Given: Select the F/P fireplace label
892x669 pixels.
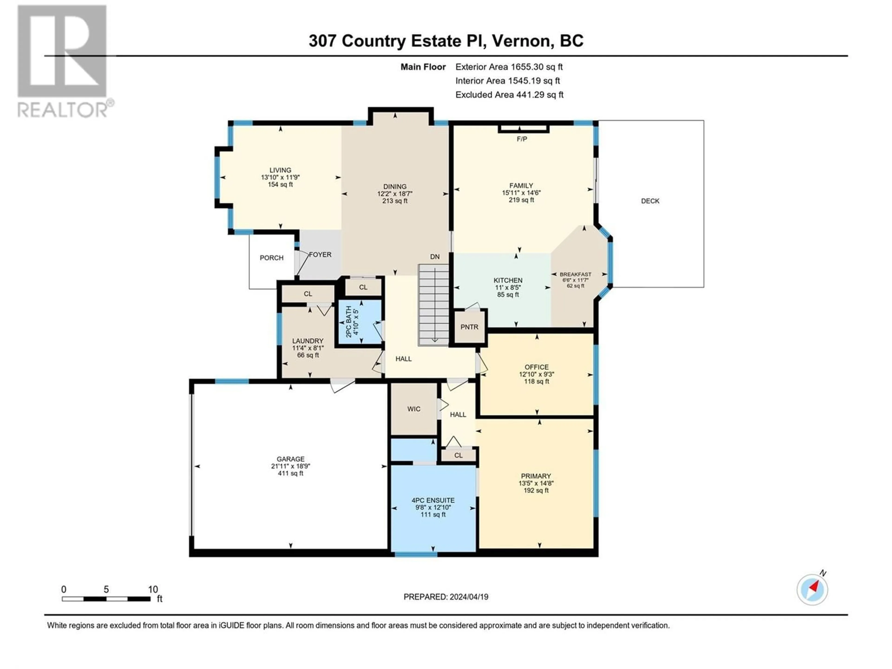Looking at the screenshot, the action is tap(522, 139).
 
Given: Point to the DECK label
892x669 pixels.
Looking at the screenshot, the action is tap(650, 201).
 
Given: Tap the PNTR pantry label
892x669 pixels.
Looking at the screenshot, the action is tap(469, 327).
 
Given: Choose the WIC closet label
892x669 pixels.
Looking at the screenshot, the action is tap(414, 409).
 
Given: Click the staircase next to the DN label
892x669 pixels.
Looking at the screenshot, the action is tap(433, 305).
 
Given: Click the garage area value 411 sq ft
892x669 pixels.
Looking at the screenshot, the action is tap(290, 473).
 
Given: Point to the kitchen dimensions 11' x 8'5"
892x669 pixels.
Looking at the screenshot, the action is tap(508, 288).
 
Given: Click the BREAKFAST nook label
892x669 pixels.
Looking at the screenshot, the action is tap(575, 274).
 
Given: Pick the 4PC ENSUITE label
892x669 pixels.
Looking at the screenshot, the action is tap(433, 500).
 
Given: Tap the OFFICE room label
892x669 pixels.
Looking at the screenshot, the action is tap(537, 367).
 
